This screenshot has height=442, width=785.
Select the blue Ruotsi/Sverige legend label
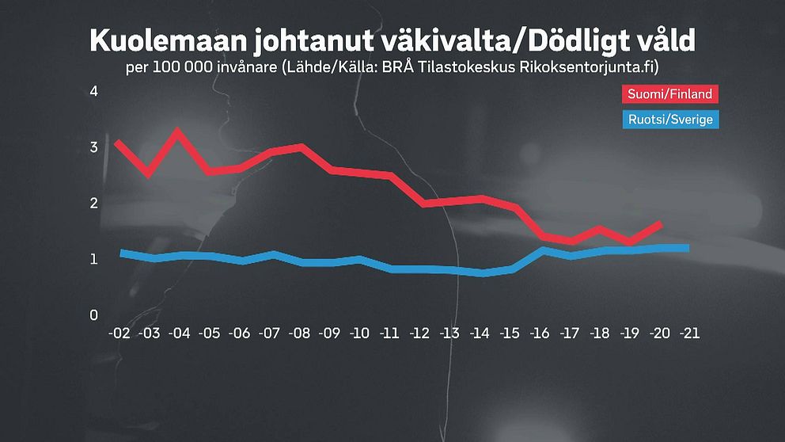tap(671, 120)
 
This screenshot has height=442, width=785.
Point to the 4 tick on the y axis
tap(93, 91)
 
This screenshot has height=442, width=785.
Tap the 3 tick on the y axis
tap(93, 147)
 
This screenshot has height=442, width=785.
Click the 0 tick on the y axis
tap(93, 315)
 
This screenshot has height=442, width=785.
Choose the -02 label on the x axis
tap(118, 334)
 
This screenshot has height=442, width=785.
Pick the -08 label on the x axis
tap(300, 334)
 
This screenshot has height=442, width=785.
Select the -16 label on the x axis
tap(540, 334)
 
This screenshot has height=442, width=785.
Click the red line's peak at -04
tap(178, 131)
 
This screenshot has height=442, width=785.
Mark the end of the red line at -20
tap(660, 224)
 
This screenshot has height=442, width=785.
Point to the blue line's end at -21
tap(687, 248)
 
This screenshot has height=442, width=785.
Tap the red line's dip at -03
tap(148, 173)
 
